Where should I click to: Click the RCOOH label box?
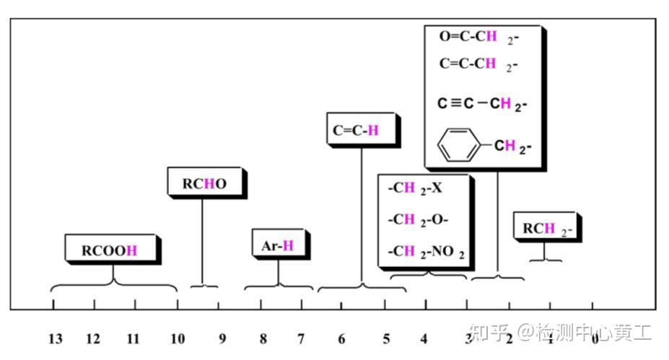pos(109,250)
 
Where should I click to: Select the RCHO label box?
pos(204,183)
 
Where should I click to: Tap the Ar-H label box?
pos(278,245)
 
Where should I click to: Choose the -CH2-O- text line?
pos(418,219)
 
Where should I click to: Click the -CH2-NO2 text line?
pos(426,251)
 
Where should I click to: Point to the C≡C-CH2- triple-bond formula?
pos(482,104)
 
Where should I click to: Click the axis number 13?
pos(56,338)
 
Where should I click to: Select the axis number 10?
pos(178,338)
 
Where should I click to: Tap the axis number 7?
pos(301,338)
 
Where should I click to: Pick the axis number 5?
pos(386,338)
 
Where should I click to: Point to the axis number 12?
pos(93,338)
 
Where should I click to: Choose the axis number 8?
pos(263,338)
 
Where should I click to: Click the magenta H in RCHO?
pos(209,183)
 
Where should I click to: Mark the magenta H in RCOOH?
pos(131,250)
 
